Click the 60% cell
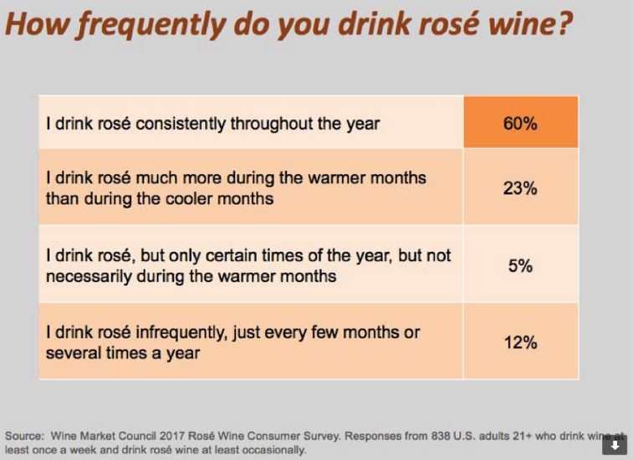pos(519,124)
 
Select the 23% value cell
pos(519,188)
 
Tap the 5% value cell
pos(519,266)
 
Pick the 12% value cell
pos(519,342)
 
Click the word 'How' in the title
pos(32,25)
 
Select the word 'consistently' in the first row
pos(193,124)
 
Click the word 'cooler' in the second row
pos(219,198)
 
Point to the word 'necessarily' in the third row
pos(88,276)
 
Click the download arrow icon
pos(614,446)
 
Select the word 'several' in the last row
pos(71,353)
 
